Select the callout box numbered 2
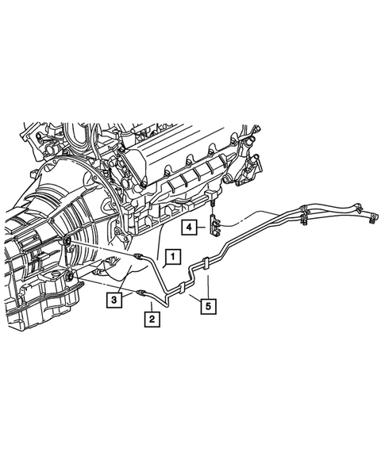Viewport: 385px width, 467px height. point(149,320)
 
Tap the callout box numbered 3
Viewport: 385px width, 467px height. point(115,300)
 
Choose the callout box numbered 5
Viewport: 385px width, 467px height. point(207,301)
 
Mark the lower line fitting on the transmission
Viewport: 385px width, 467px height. point(70,275)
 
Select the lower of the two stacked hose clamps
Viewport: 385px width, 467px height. point(306,215)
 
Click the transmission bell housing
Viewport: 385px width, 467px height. point(87,198)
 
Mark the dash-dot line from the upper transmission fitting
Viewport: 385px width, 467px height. point(103,247)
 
